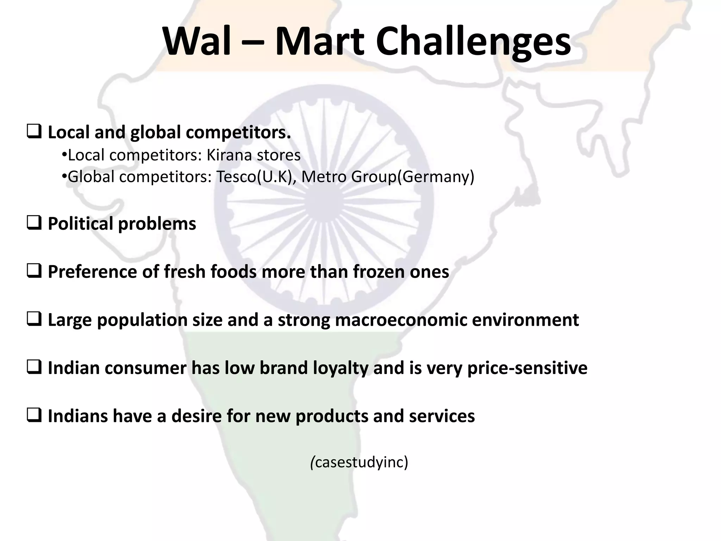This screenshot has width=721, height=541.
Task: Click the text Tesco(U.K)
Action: pyautogui.click(x=256, y=177)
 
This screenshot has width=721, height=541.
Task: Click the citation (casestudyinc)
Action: pyautogui.click(x=359, y=462)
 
